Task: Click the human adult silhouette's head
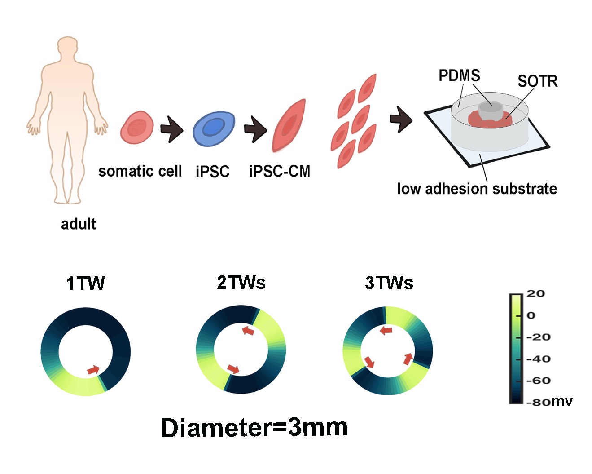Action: coord(67,49)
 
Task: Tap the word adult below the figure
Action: coord(79,224)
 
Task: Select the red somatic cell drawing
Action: coord(137,128)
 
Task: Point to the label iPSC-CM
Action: coord(279,171)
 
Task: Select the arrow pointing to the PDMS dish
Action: coord(401,120)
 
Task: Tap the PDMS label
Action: coord(459,75)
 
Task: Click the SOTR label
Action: coord(537,81)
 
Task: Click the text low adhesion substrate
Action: coord(477,189)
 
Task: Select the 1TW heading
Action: coord(85,284)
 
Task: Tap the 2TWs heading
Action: coord(241,283)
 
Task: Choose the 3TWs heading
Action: coord(389,283)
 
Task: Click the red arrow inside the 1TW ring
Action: coord(93,369)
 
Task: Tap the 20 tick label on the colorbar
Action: coord(535,293)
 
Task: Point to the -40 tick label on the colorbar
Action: coord(538,359)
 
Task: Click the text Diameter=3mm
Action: coord(254,428)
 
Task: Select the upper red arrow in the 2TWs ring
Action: coord(248,331)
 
